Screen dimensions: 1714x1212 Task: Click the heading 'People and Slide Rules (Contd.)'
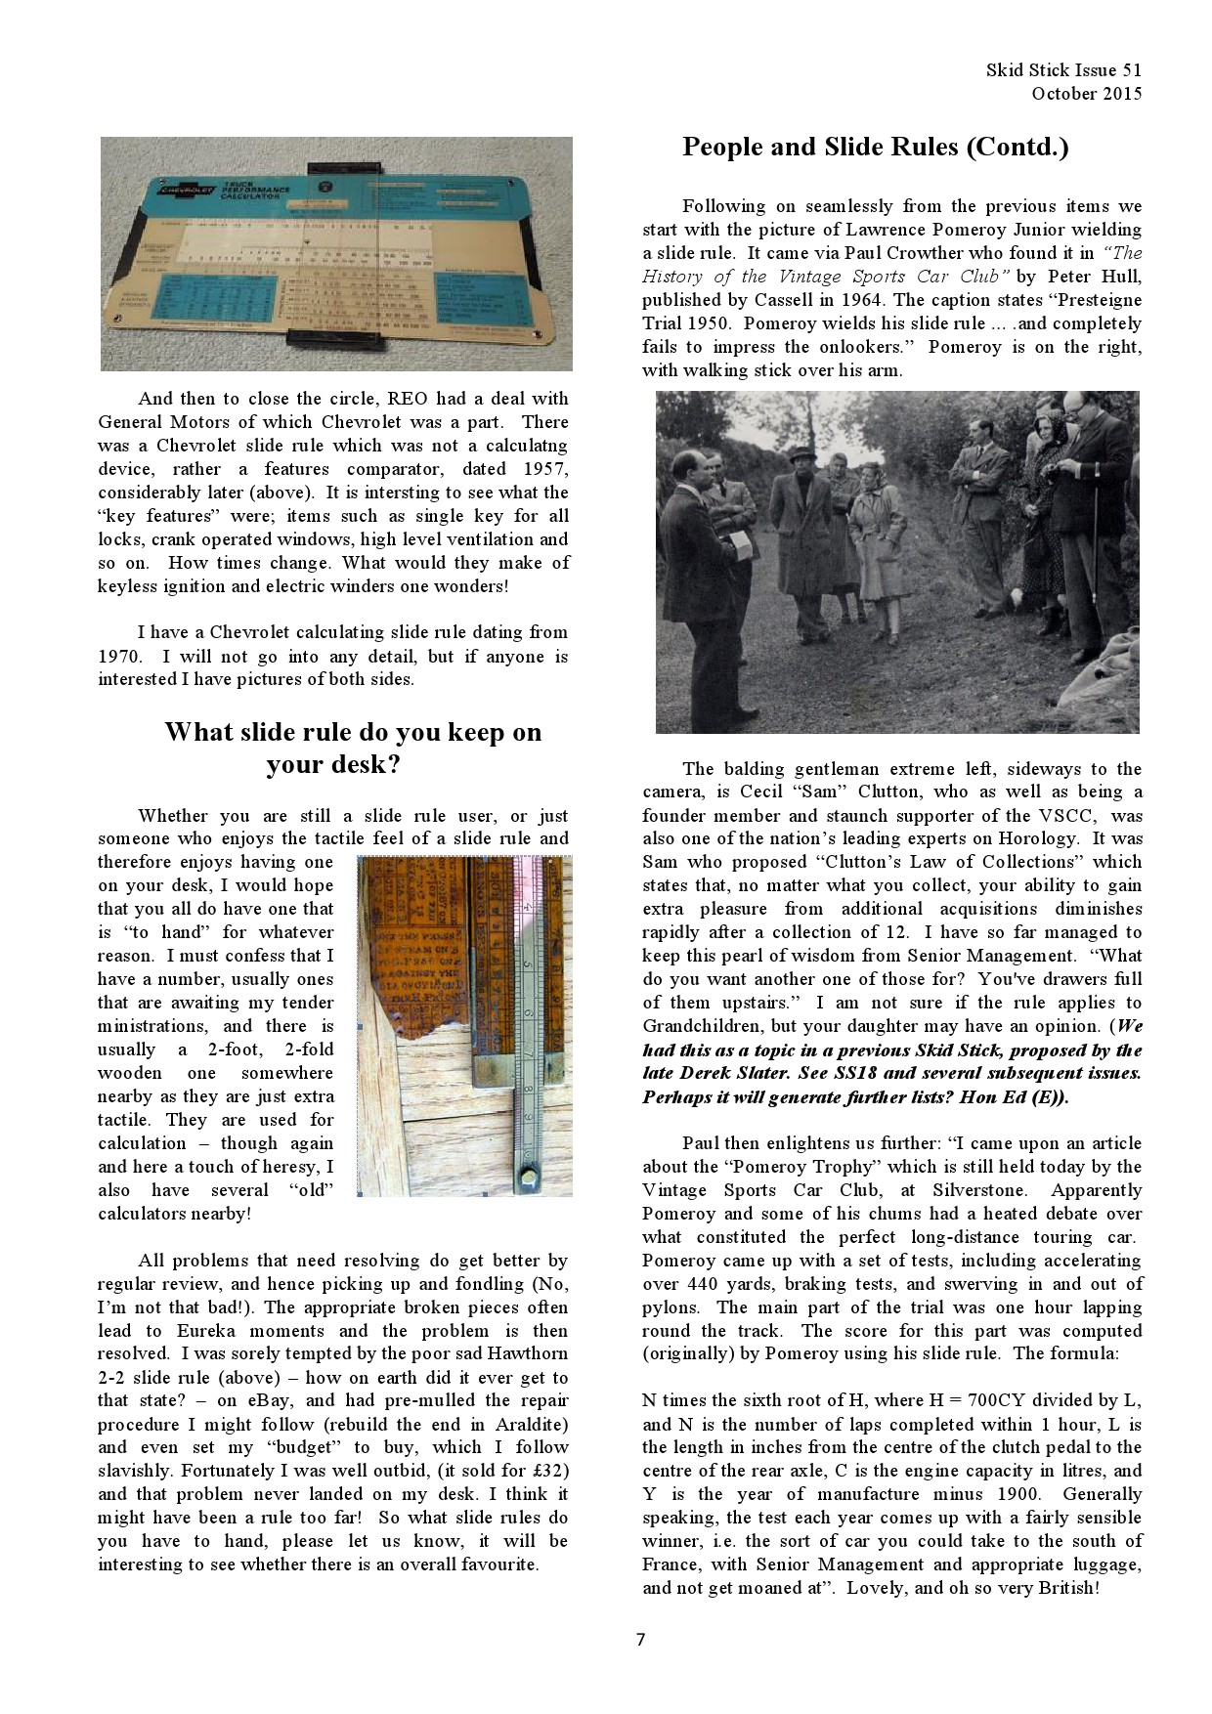875,148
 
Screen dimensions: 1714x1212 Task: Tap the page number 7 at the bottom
640,1639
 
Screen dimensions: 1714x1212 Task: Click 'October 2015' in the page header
1086,94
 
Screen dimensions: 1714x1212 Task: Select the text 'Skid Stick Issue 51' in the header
1063,70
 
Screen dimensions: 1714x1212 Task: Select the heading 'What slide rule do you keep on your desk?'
352,748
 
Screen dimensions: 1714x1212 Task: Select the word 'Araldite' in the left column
530,1424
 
